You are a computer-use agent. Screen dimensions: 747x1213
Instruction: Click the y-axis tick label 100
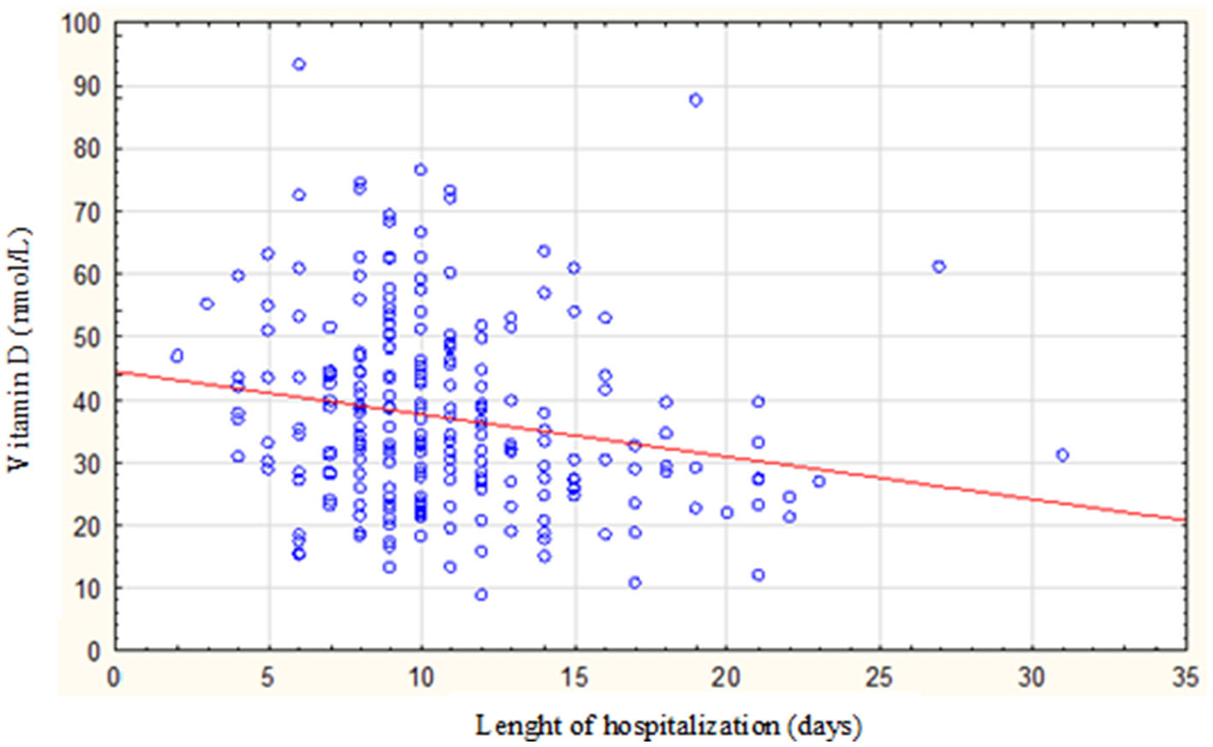point(80,24)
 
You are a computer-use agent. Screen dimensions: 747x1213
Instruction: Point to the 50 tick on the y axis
point(86,337)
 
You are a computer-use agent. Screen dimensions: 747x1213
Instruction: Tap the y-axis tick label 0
point(93,651)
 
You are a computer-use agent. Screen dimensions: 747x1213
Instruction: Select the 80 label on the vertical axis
point(86,149)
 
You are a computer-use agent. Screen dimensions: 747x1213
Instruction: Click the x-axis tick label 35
point(1185,678)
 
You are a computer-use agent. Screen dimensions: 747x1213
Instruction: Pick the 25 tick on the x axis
point(879,678)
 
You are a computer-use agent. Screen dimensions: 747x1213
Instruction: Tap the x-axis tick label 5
point(268,678)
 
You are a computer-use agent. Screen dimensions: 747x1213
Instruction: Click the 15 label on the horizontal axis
point(574,678)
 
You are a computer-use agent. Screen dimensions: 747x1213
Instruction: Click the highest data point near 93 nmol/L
point(299,64)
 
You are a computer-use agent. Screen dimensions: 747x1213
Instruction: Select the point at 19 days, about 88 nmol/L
point(696,100)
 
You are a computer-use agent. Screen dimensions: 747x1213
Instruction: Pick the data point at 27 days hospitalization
point(939,267)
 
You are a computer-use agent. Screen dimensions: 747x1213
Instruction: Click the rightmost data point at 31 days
point(1062,455)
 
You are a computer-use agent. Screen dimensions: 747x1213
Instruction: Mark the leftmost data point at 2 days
point(177,356)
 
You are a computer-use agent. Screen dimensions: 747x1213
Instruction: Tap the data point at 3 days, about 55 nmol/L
point(206,304)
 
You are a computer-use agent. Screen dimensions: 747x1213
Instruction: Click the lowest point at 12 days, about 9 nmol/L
point(481,595)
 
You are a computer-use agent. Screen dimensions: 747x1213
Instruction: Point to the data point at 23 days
point(818,482)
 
